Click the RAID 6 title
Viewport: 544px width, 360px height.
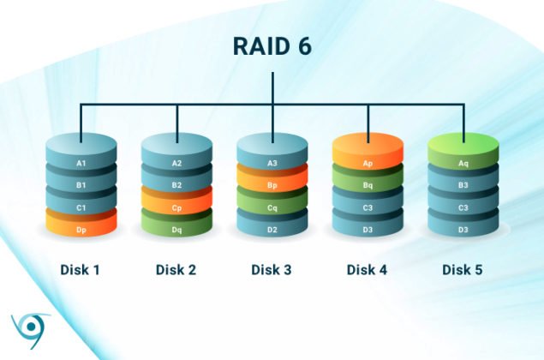click(x=272, y=46)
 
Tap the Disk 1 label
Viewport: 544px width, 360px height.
click(x=81, y=270)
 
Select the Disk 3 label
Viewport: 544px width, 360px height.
click(x=272, y=270)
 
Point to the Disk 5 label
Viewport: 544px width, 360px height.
click(x=463, y=270)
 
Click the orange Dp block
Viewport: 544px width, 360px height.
click(x=81, y=230)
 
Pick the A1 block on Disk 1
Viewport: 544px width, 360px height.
click(x=81, y=162)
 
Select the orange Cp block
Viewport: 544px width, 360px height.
click(x=176, y=207)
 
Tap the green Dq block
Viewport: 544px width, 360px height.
click(x=176, y=230)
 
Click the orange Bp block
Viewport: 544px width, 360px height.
click(x=272, y=184)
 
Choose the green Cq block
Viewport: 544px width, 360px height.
click(x=272, y=207)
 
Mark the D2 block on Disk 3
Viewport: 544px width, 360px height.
click(x=272, y=230)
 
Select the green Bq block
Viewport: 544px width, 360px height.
click(x=368, y=184)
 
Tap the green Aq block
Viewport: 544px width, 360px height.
click(x=463, y=160)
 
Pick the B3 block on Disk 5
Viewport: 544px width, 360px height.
click(x=463, y=184)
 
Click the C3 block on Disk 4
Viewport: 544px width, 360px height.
click(x=368, y=207)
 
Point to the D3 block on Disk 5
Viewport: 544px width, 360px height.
click(x=463, y=230)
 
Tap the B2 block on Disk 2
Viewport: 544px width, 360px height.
click(x=176, y=184)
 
